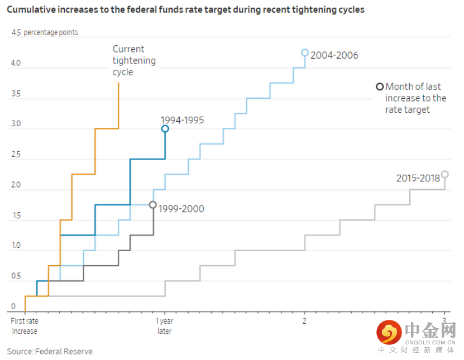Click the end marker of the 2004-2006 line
tap(305, 52)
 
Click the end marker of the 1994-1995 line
tap(165, 129)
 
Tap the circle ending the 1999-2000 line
tap(153, 205)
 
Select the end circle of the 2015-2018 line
tap(445, 174)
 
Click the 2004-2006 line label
tap(334, 55)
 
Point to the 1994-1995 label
tap(182, 120)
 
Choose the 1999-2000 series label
tap(181, 209)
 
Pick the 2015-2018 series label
tap(418, 179)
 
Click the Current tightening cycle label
tap(134, 61)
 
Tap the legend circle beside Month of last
tap(380, 87)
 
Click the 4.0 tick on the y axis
tap(15, 64)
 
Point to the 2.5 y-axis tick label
tap(15, 155)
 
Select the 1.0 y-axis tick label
tap(15, 246)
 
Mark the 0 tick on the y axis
tap(13, 306)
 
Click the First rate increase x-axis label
tap(25, 326)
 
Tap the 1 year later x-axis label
tap(164, 326)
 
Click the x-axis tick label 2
tap(304, 321)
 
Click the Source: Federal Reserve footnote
tap(50, 352)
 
